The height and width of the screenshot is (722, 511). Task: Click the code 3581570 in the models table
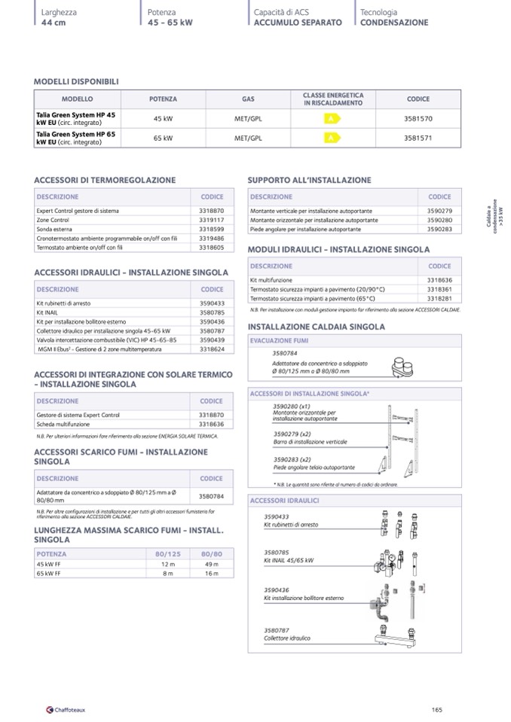418,119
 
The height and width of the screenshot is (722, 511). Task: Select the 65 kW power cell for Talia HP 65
163,138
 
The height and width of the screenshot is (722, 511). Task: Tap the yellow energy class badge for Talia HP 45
329,119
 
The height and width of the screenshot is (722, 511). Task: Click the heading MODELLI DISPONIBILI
77,81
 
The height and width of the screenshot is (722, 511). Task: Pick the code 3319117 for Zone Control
212,220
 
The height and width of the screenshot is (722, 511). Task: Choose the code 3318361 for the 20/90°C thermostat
439,289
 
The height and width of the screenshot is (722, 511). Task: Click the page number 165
437,708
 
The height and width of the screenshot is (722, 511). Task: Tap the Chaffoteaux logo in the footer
66,708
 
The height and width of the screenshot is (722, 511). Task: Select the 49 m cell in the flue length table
211,564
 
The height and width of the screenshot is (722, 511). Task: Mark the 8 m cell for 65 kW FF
167,574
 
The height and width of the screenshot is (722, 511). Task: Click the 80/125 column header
168,553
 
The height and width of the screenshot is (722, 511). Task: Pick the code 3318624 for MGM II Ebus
212,349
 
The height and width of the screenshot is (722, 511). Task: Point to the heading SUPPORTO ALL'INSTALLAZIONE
309,181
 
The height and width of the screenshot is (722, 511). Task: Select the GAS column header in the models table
248,99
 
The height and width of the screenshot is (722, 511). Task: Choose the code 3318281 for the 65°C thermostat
439,298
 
